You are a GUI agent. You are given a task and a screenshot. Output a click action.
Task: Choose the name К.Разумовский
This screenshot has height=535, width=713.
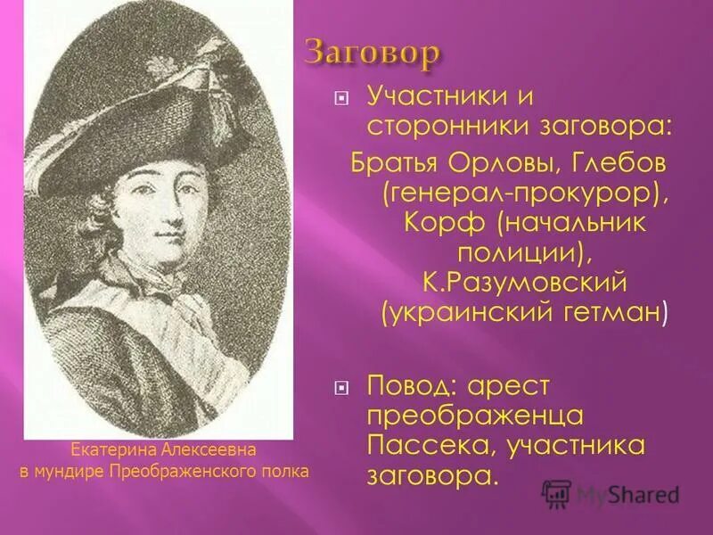click(x=527, y=283)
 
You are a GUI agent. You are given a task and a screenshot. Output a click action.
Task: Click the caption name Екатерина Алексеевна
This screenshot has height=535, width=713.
click(x=163, y=451)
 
